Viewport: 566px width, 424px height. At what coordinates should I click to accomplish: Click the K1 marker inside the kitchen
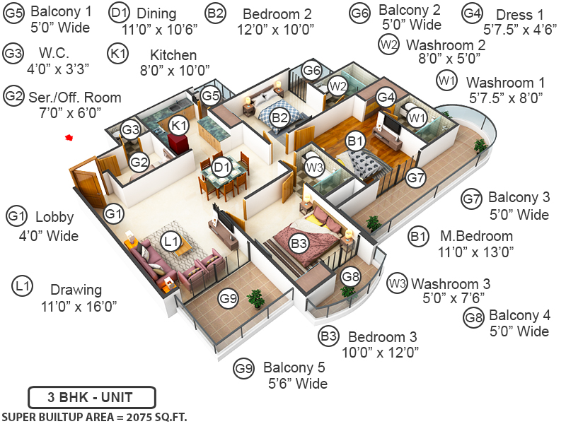(179, 125)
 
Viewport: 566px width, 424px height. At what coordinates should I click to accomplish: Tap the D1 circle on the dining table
(223, 167)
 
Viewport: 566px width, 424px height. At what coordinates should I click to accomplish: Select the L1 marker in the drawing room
(171, 242)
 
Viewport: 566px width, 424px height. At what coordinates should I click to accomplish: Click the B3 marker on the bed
(299, 243)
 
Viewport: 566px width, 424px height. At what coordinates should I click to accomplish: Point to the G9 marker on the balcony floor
(228, 298)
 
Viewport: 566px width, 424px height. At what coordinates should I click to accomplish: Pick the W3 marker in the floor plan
(315, 167)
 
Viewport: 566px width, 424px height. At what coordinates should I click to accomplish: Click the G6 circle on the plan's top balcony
(312, 71)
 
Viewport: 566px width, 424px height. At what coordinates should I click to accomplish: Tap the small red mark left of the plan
(69, 138)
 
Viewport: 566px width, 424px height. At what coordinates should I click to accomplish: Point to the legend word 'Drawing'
(76, 290)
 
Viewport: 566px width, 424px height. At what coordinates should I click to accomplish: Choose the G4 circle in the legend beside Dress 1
(473, 13)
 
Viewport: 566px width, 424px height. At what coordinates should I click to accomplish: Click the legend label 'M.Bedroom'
(476, 236)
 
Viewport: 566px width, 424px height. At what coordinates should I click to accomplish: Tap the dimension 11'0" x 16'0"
(79, 306)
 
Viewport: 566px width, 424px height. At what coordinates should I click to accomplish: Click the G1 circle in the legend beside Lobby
(16, 216)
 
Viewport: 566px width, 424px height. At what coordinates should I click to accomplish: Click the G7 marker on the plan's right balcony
(415, 177)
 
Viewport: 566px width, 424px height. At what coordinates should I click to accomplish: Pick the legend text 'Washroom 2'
(445, 45)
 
